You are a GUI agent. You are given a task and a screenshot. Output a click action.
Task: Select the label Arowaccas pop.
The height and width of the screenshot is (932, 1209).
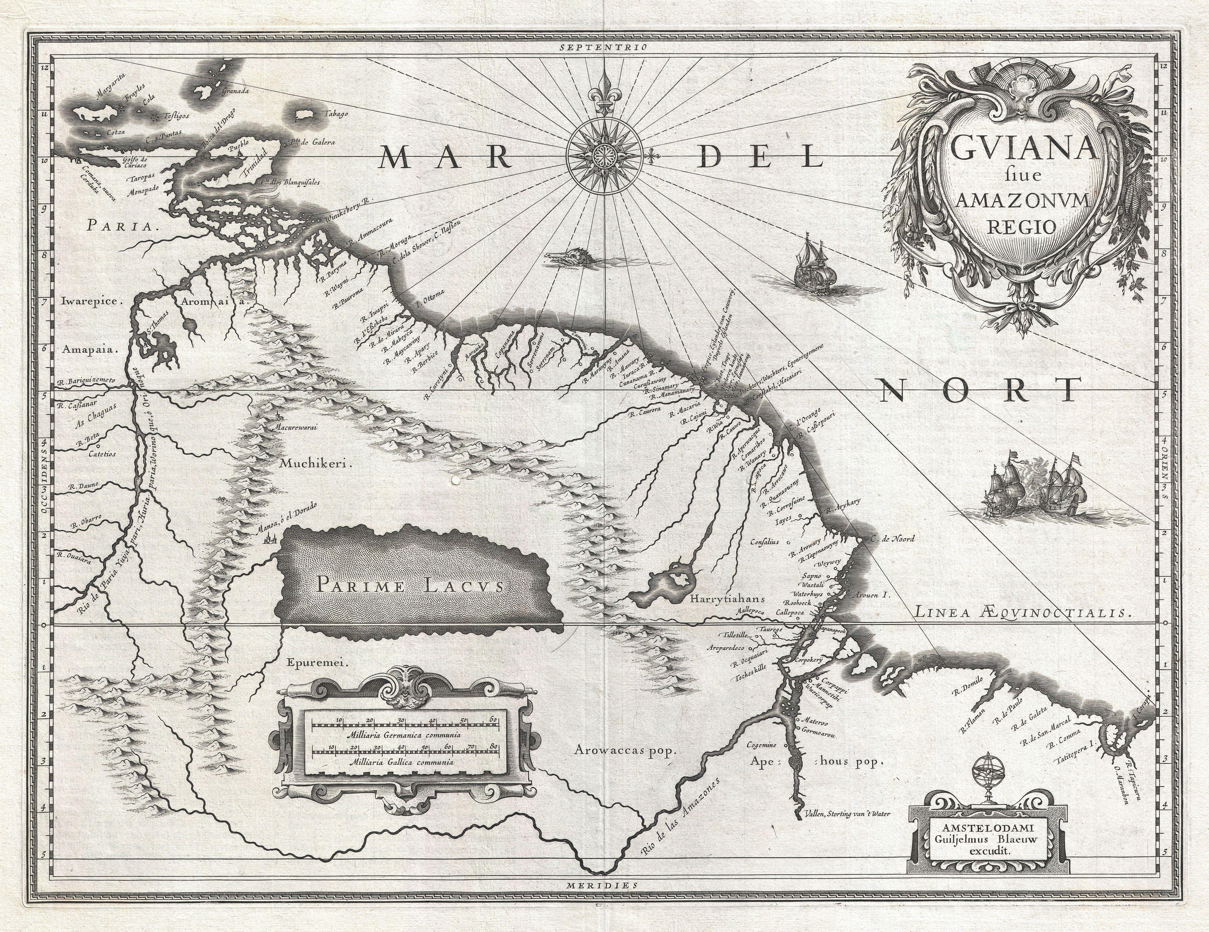click(x=626, y=750)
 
